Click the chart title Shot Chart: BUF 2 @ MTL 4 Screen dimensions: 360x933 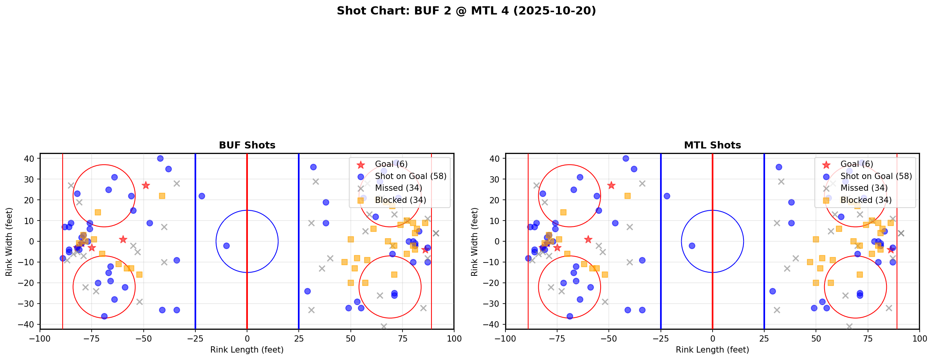pyautogui.click(x=466, y=11)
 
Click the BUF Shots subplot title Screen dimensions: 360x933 pyautogui.click(x=247, y=145)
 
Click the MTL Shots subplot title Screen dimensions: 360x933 pyautogui.click(x=712, y=145)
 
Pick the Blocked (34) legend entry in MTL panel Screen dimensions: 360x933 pyautogui.click(x=866, y=200)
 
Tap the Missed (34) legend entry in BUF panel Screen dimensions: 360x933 pyautogui.click(x=398, y=188)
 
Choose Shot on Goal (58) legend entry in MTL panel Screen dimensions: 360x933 pyautogui.click(x=876, y=176)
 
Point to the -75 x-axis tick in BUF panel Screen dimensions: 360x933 pyautogui.click(x=92, y=338)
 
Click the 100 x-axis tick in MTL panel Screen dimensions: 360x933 pyautogui.click(x=919, y=338)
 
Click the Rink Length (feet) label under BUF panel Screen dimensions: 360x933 pyautogui.click(x=247, y=350)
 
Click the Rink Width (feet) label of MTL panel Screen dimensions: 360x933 pyautogui.click(x=475, y=241)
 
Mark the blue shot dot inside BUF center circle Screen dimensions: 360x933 pyautogui.click(x=226, y=246)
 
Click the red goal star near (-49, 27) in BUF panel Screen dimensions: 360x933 pyautogui.click(x=146, y=185)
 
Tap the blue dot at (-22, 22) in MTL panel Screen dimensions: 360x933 pyautogui.click(x=667, y=196)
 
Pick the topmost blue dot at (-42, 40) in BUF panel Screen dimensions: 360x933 pyautogui.click(x=160, y=159)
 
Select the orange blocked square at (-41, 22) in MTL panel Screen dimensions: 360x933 pyautogui.click(x=628, y=196)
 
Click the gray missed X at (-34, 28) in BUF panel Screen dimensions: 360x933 pyautogui.click(x=177, y=183)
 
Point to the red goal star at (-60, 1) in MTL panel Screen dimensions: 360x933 pyautogui.click(x=588, y=239)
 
